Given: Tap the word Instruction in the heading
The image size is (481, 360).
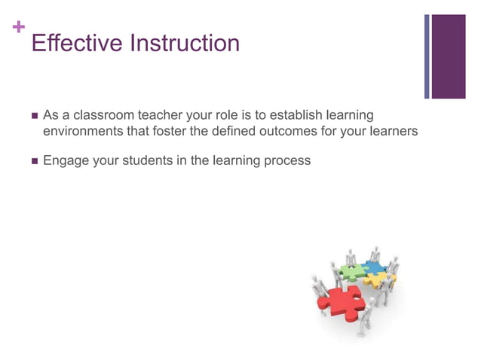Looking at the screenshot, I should (185, 43).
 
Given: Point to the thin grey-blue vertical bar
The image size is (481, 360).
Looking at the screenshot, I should (427, 56).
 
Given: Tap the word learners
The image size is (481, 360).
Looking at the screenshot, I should (391, 133).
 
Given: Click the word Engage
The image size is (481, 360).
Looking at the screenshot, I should (66, 160).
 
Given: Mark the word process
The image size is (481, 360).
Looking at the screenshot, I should (286, 160).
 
